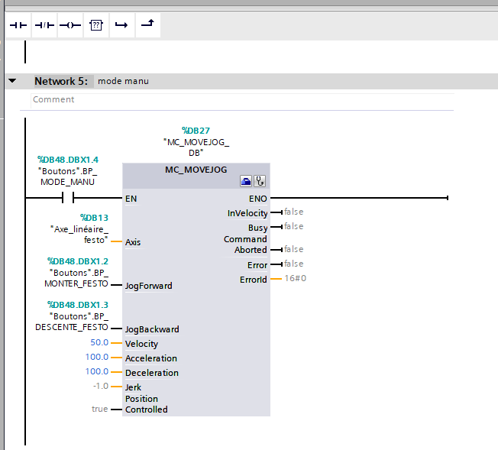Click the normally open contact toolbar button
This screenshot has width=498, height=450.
[18, 25]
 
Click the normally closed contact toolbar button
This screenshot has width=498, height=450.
[44, 25]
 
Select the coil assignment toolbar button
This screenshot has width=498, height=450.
[70, 25]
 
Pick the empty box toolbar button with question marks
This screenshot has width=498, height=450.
[96, 25]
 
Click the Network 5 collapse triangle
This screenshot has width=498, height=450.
[12, 81]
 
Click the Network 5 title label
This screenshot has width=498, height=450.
[61, 81]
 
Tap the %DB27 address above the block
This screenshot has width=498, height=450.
[196, 131]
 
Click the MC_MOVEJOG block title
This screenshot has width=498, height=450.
[196, 170]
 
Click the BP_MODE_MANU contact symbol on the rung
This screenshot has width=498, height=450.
[68, 198]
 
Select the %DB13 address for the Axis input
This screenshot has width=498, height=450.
[94, 218]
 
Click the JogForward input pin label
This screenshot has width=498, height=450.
[149, 286]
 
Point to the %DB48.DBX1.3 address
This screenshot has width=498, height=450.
[78, 305]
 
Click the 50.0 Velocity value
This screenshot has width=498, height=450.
[99, 342]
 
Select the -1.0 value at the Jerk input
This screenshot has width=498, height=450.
[101, 386]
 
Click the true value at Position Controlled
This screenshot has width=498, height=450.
[100, 409]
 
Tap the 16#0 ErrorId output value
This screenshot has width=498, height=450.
[296, 278]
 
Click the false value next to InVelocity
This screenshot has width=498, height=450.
[294, 212]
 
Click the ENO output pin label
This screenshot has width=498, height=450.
[258, 199]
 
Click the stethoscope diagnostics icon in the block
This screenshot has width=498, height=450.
[260, 181]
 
